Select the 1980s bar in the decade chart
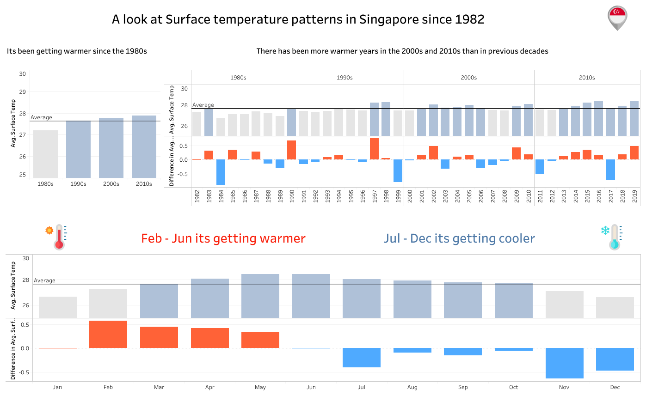45,154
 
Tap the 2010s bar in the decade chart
144,146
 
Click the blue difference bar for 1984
221,172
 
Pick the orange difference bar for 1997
374,149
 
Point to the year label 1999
398,197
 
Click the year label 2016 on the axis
599,197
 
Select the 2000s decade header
469,78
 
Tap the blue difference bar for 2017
610,170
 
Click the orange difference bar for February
108,334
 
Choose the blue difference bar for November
564,363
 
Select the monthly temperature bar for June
311,296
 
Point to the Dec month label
615,387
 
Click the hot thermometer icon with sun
56,236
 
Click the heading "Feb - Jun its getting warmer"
223,238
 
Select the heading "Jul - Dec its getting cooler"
459,238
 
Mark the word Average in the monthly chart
44,280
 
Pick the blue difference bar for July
362,358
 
